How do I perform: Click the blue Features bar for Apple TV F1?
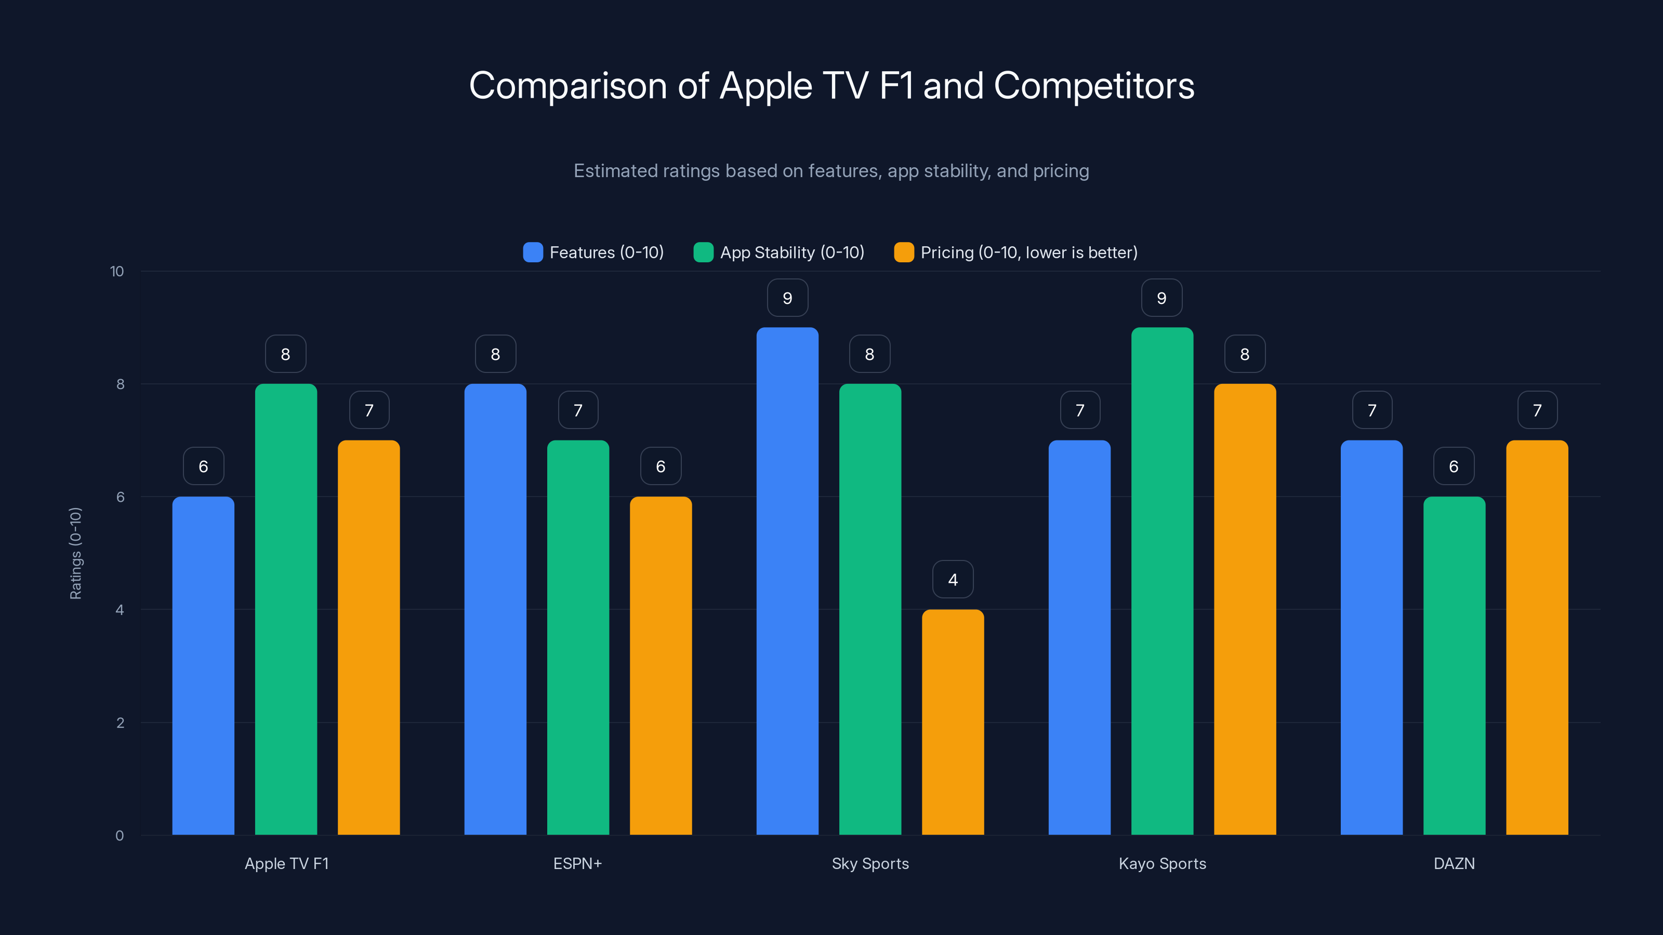click(x=203, y=665)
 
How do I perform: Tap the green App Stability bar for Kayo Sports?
click(x=1162, y=581)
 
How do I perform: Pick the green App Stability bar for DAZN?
click(x=1454, y=665)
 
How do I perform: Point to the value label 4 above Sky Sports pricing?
click(x=953, y=580)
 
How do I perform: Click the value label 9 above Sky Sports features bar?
click(x=787, y=298)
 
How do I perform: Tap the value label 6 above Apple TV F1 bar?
click(x=203, y=466)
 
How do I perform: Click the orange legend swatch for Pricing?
click(x=904, y=252)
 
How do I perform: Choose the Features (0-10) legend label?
click(x=606, y=252)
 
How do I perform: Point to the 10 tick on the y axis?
click(x=117, y=271)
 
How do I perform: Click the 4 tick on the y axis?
click(x=120, y=610)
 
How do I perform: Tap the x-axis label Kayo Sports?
click(x=1162, y=863)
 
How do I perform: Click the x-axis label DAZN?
click(x=1454, y=863)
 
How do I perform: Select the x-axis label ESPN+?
click(x=577, y=863)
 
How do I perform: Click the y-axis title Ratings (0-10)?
click(x=75, y=553)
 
